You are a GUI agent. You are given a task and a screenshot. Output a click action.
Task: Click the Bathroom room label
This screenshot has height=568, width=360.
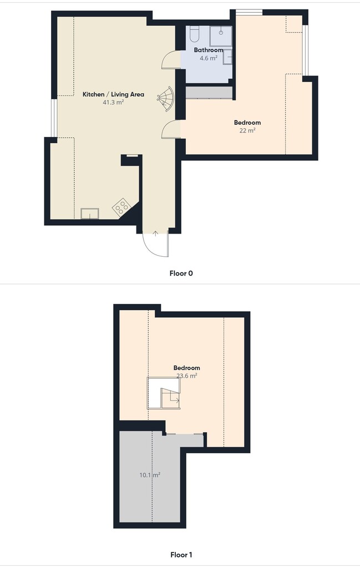[208, 50]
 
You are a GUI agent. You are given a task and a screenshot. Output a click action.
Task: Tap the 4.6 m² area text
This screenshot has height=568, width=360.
[208, 58]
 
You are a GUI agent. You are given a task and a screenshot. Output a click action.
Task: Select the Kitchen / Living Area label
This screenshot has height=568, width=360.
[113, 94]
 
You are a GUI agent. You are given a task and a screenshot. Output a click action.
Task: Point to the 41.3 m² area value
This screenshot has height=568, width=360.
[113, 103]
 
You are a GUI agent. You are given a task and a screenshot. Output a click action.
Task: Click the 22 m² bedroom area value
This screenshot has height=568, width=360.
[247, 130]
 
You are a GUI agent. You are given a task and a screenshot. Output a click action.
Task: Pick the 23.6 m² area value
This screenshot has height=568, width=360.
[187, 376]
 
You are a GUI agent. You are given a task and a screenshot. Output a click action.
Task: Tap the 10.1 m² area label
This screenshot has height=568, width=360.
[150, 475]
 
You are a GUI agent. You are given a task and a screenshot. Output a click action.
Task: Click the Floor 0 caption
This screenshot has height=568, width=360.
[181, 273]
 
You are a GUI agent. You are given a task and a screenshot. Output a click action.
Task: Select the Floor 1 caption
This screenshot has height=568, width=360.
[181, 555]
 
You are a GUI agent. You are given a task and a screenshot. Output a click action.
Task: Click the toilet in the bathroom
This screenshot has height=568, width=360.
[195, 34]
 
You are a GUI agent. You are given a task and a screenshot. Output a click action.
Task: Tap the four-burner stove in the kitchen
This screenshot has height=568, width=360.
[121, 207]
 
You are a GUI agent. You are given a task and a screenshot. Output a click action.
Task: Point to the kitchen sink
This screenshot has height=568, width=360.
[89, 214]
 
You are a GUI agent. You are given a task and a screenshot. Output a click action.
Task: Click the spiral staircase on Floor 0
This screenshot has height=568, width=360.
[166, 98]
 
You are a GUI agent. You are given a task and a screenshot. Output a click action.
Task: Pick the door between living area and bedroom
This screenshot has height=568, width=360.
[170, 129]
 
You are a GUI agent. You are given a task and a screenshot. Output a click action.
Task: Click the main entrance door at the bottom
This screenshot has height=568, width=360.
[156, 244]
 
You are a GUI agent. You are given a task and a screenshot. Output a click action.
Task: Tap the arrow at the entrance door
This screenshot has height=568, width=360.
[156, 234]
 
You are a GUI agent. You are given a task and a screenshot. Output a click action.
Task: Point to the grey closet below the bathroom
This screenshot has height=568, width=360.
[209, 93]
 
